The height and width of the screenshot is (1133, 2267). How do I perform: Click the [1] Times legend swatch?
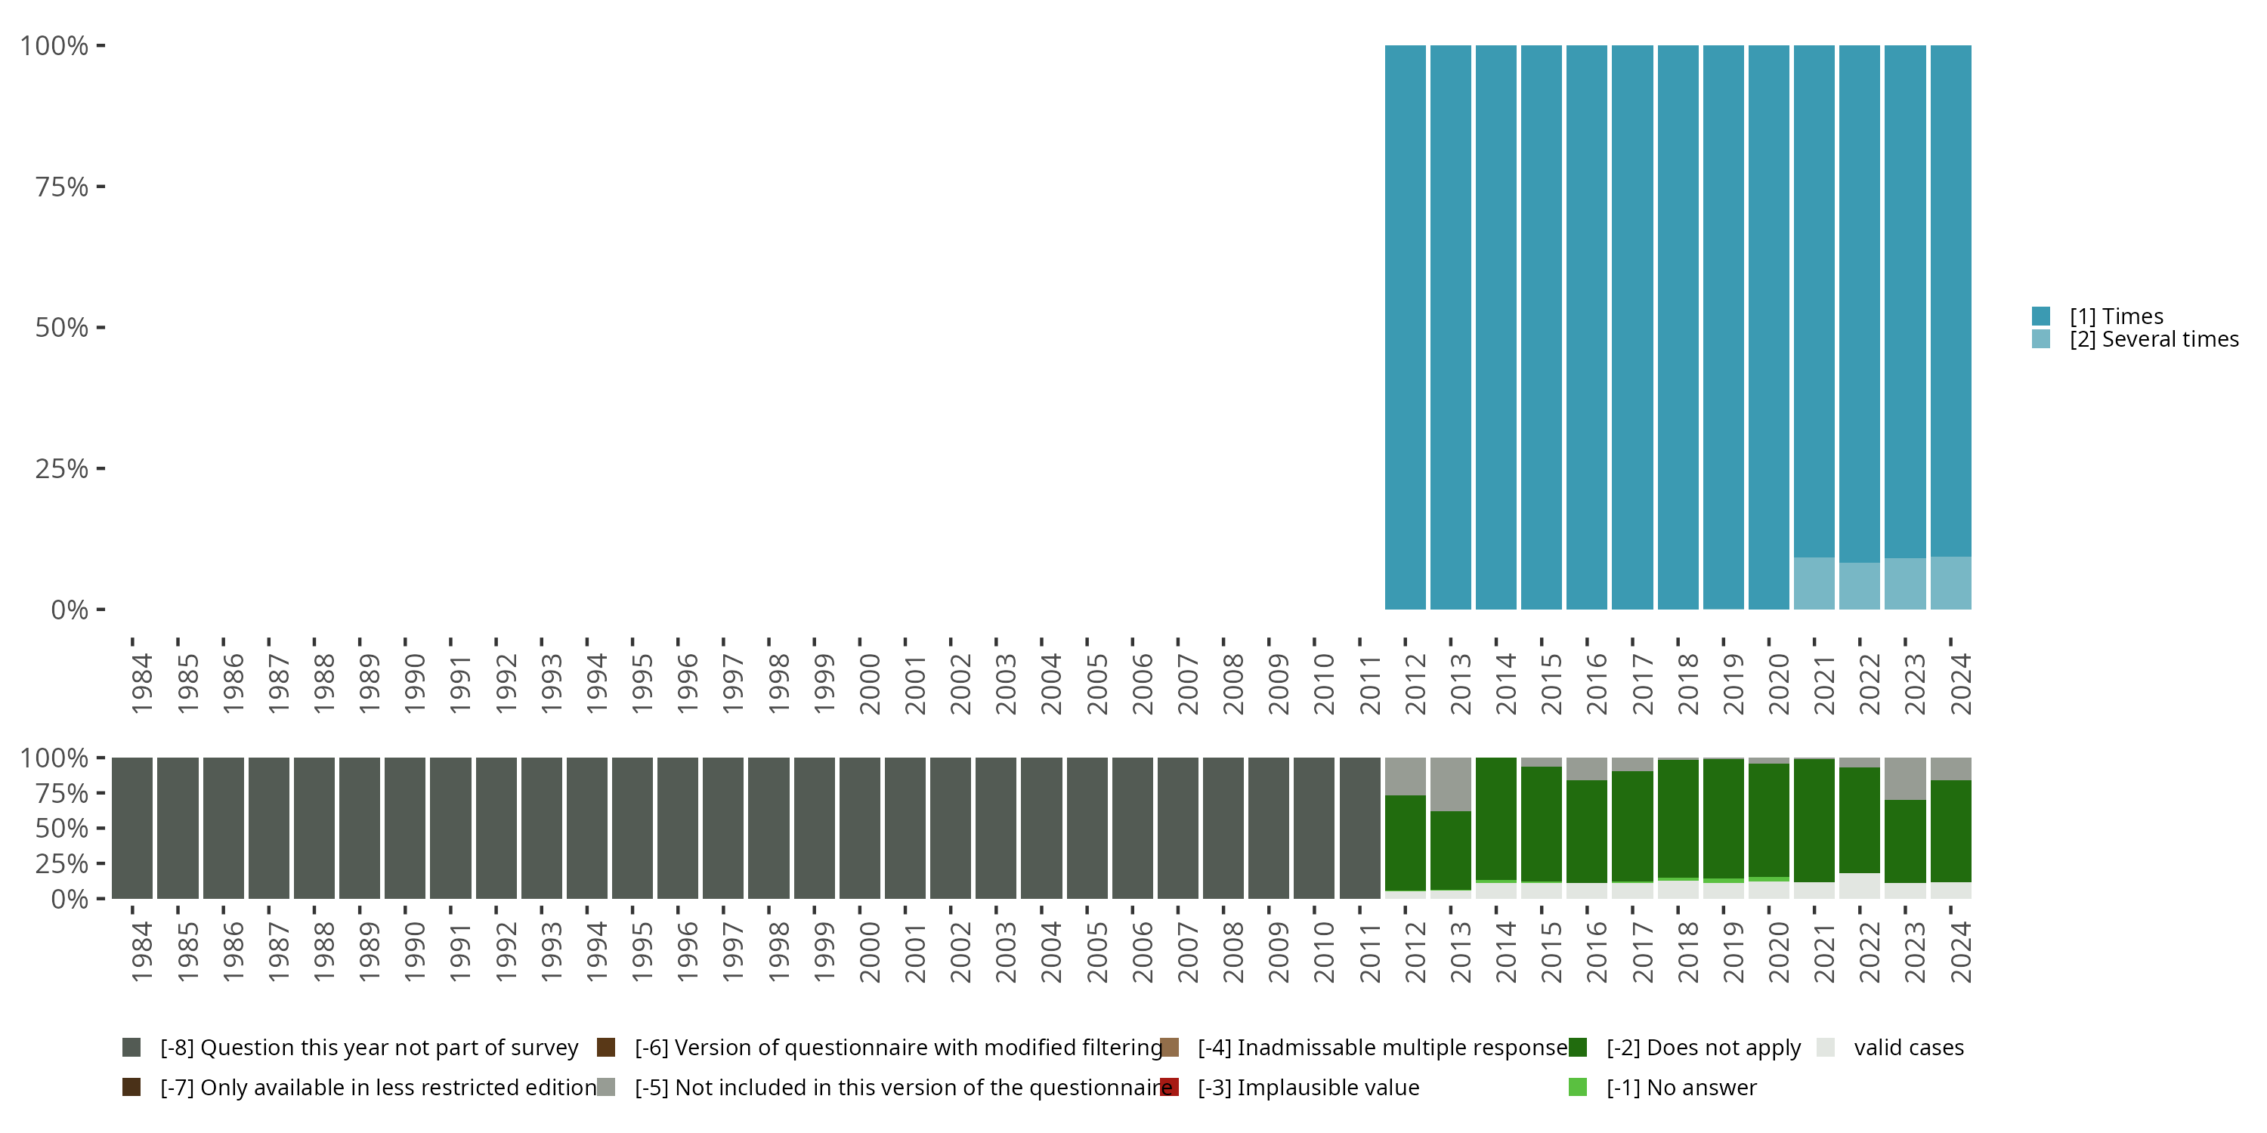2041,316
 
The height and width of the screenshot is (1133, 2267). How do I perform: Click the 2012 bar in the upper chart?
1405,327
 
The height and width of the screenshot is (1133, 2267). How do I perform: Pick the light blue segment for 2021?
1814,583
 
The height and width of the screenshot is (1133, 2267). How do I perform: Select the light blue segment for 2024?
1950,582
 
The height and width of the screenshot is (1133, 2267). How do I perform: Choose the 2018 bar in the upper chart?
1678,327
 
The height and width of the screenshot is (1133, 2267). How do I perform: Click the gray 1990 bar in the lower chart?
405,828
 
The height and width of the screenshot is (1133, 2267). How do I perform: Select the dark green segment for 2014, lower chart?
1495,818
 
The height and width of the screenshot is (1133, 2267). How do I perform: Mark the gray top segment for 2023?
1904,779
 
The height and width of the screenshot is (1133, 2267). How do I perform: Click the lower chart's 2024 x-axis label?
1961,952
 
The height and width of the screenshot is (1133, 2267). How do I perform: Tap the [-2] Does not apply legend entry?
1703,1048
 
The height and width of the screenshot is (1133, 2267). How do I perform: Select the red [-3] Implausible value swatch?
1170,1087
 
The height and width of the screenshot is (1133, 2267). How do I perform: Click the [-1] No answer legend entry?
1681,1087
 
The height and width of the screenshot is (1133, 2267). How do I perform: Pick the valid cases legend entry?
1908,1048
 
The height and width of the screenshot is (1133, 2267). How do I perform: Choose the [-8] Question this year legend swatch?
131,1048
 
